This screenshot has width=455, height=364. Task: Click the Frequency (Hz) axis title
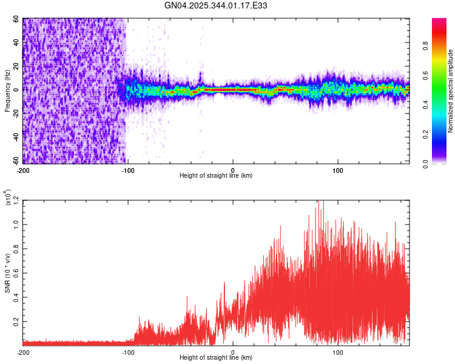(7, 90)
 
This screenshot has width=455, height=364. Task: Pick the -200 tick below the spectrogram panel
(23, 169)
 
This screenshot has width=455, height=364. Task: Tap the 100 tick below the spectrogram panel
(339, 169)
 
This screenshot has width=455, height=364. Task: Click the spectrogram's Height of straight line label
(216, 176)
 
